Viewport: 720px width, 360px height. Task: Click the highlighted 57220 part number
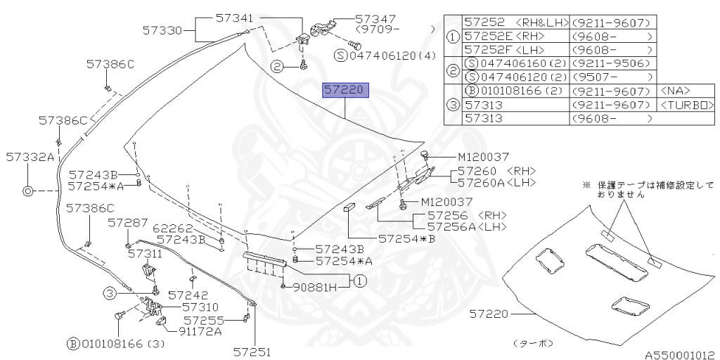tap(345, 91)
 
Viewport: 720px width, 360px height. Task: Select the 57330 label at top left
tap(162, 30)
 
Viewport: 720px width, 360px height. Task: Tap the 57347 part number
tap(375, 20)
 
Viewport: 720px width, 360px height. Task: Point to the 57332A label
tap(29, 157)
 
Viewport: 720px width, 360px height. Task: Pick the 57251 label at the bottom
tap(252, 352)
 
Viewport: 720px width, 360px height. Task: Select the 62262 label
tap(172, 228)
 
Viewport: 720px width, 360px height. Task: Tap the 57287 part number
tap(128, 222)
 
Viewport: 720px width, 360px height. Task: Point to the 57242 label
tap(188, 295)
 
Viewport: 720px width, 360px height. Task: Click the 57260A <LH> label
tap(496, 183)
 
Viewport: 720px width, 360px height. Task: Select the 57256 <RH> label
tap(467, 215)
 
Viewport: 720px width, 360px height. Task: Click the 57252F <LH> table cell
tap(513, 49)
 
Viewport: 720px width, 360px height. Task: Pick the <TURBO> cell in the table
tap(687, 105)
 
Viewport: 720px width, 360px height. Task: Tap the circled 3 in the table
tap(453, 104)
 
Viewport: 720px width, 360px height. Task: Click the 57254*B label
tap(407, 239)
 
